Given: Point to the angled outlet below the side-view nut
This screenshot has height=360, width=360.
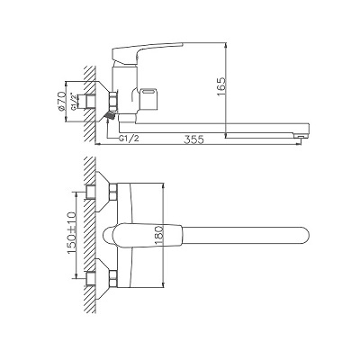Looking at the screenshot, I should [x=109, y=115].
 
